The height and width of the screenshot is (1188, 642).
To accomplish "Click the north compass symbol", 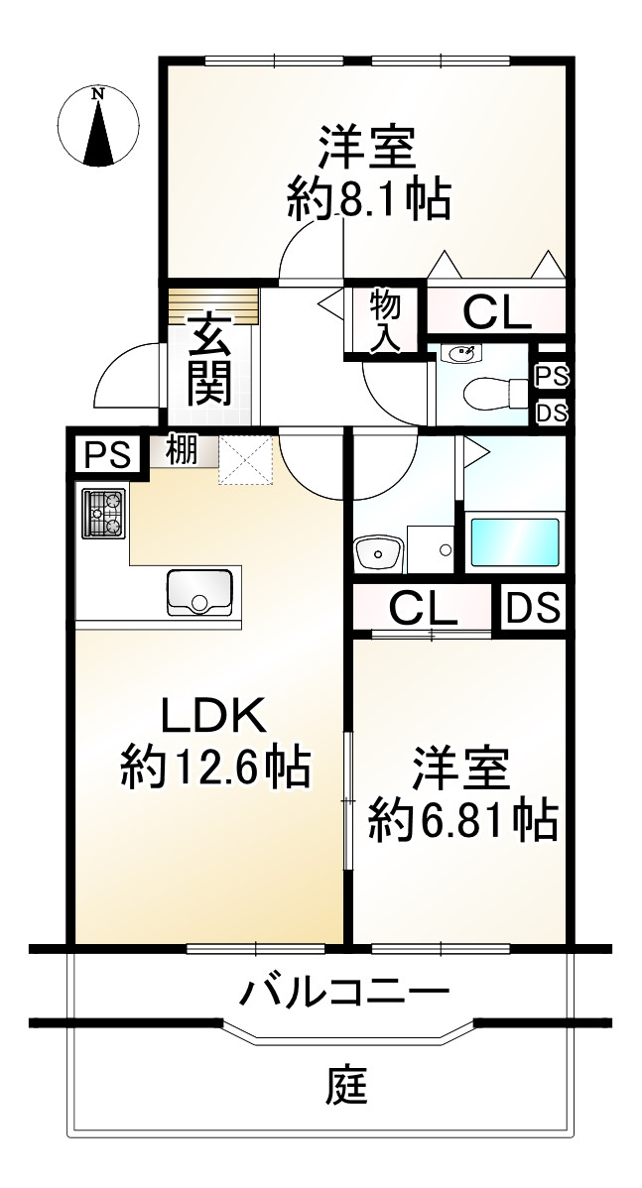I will [x=97, y=128].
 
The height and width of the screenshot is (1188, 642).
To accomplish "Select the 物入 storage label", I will [x=385, y=320].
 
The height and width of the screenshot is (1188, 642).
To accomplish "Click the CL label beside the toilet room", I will [x=497, y=312].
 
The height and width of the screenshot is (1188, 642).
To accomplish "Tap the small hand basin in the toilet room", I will [x=461, y=352].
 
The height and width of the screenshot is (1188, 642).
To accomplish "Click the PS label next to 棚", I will [x=105, y=454].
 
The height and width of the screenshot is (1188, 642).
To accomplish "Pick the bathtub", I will [x=515, y=541].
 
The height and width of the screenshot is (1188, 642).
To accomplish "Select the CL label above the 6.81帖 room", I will [x=422, y=607].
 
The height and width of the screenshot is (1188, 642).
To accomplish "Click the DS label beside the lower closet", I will [x=534, y=607].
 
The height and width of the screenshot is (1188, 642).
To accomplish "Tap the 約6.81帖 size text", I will [x=462, y=820].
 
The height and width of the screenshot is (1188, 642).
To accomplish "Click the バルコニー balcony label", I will [x=343, y=991].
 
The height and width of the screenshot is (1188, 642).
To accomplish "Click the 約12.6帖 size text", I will [x=215, y=767].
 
